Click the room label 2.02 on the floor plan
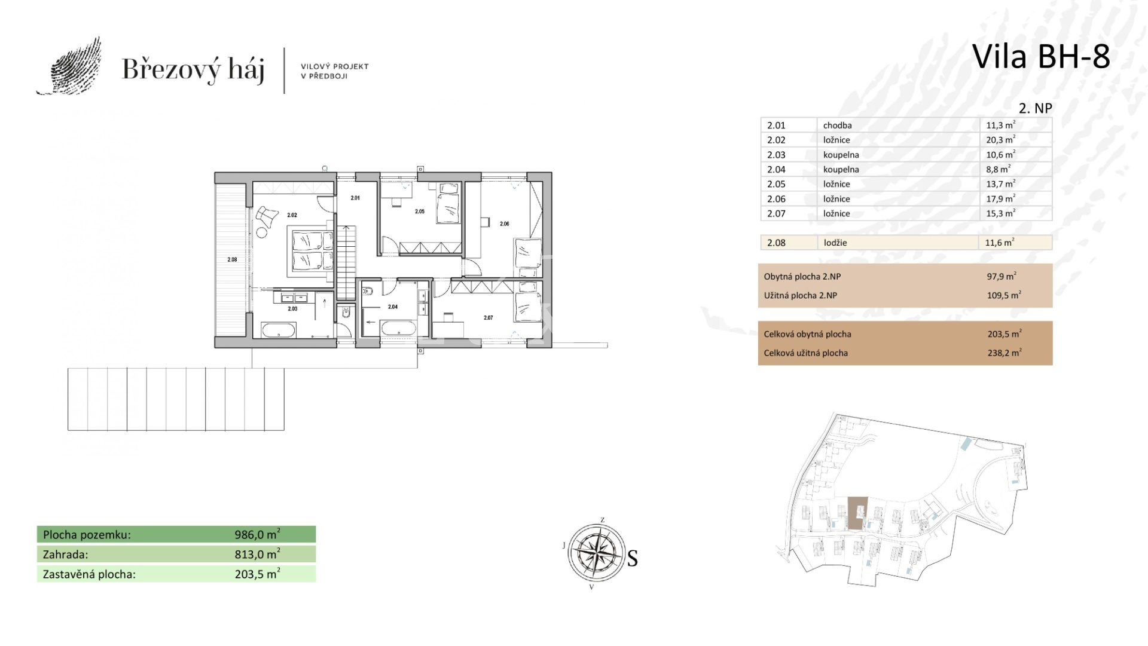pos(292,215)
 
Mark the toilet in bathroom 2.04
pos(368,291)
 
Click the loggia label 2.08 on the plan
pos(232,259)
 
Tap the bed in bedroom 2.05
pos(448,203)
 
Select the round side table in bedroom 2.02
pos(262,232)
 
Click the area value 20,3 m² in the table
pos(1000,139)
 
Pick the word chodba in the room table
pos(837,125)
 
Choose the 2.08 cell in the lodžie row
pos(776,243)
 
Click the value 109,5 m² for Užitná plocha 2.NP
pos(1004,295)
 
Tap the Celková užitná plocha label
pos(805,353)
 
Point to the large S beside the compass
pos(632,559)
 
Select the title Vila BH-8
pos(1041,57)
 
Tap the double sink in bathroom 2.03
pos(292,297)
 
